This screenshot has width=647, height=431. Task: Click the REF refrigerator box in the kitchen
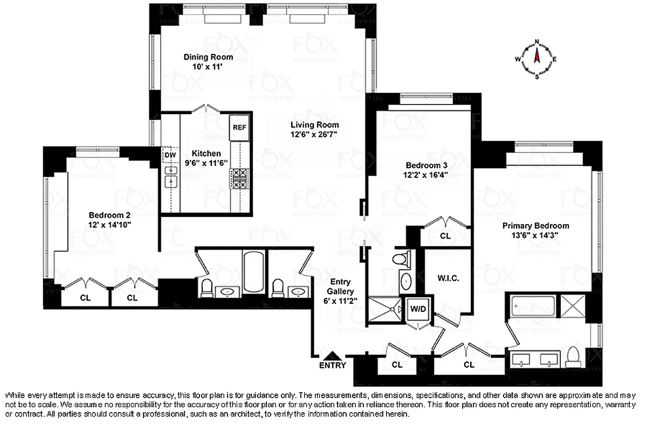tap(239, 128)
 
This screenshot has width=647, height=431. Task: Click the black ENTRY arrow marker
tap(333, 356)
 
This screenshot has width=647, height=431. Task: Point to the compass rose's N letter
tap(537, 41)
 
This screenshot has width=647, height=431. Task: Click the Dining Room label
tap(208, 57)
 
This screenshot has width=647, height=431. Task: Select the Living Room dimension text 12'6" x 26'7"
tap(314, 134)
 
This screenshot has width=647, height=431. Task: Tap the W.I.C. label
tap(448, 279)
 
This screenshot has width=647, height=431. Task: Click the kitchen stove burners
tap(239, 178)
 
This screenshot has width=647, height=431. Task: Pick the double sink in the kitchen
tap(171, 177)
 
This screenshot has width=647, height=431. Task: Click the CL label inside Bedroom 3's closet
tap(445, 235)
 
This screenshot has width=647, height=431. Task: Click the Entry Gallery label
tap(340, 287)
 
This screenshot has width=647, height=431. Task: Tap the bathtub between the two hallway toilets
tap(252, 272)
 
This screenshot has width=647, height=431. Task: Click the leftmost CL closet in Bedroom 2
tap(85, 297)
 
